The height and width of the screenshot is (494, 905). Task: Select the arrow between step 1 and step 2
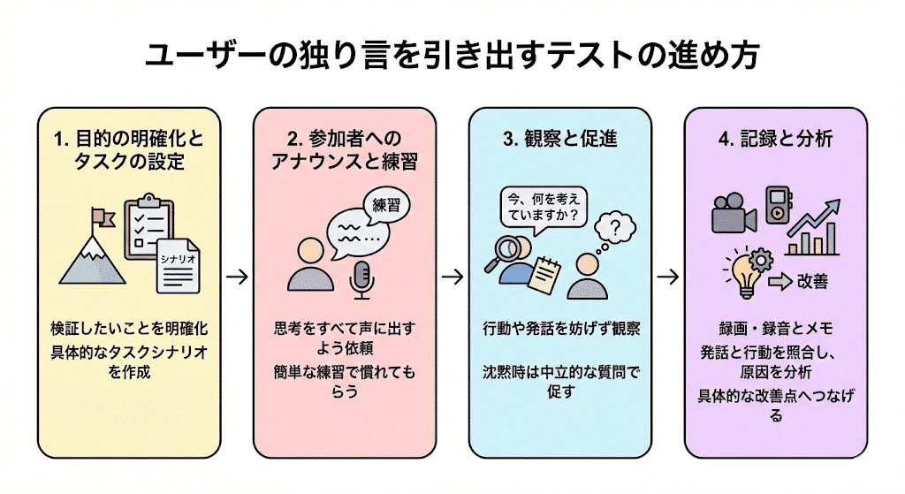(x=236, y=277)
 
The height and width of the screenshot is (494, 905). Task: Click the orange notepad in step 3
(x=544, y=274)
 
